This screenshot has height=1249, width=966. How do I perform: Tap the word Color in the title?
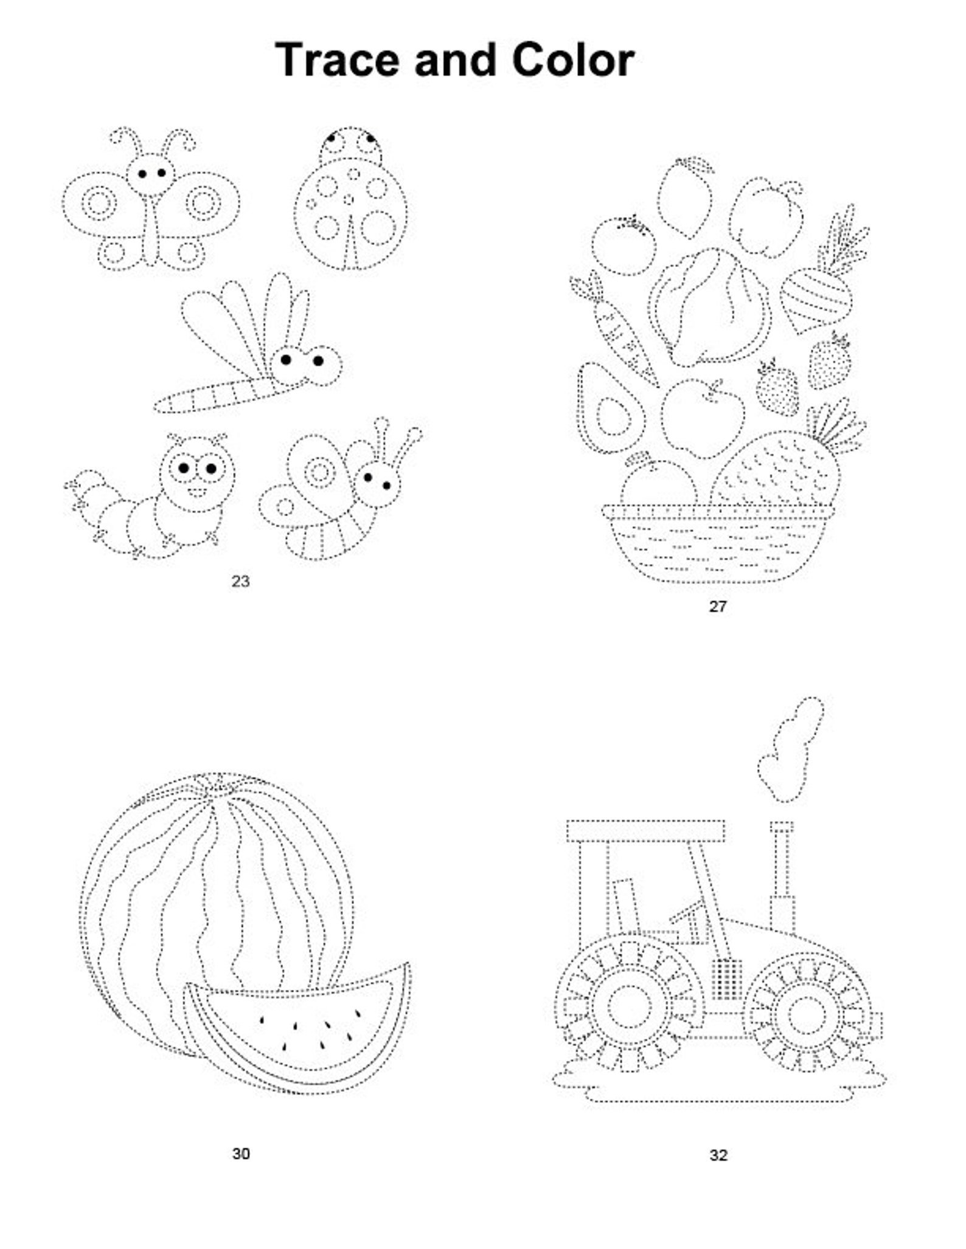(x=573, y=60)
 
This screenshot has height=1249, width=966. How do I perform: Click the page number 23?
(x=240, y=582)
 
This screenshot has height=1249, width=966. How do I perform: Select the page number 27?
(x=718, y=606)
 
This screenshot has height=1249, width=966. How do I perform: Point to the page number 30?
(x=241, y=1154)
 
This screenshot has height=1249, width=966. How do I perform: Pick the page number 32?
(x=718, y=1155)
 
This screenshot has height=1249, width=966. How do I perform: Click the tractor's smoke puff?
(x=791, y=751)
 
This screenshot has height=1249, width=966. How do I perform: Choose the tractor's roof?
(x=645, y=830)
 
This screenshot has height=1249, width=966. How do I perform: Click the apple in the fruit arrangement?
(x=703, y=416)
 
